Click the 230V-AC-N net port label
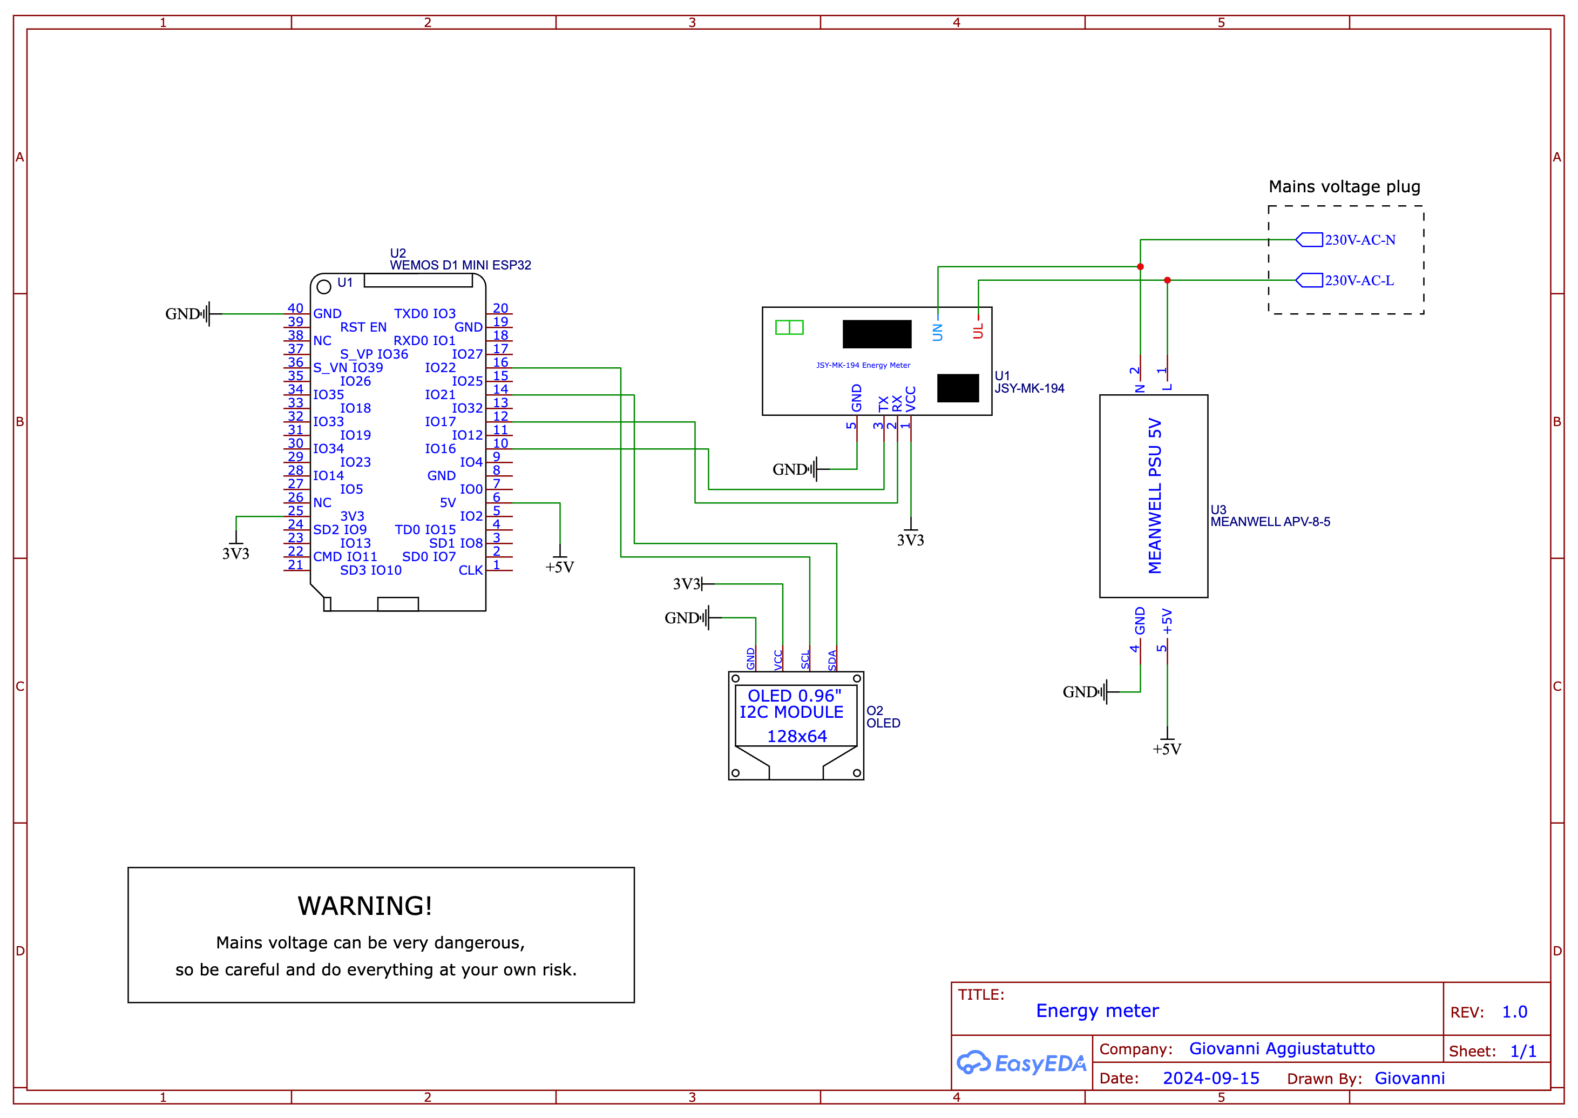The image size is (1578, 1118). (1359, 240)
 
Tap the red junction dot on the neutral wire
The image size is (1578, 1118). (1140, 266)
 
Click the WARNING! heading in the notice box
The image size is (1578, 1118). (365, 906)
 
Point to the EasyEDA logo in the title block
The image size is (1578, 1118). (1021, 1063)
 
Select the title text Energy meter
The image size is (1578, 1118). (1097, 1011)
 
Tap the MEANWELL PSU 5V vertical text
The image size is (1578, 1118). (1155, 496)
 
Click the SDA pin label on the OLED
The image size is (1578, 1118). (832, 659)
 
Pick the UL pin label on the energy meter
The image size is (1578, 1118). (978, 331)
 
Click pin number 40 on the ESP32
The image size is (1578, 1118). (295, 308)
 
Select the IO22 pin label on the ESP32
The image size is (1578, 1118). (440, 368)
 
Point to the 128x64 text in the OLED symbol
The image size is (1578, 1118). (796, 737)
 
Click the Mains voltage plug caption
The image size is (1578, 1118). (1344, 186)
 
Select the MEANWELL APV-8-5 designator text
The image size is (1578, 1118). (1270, 522)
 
